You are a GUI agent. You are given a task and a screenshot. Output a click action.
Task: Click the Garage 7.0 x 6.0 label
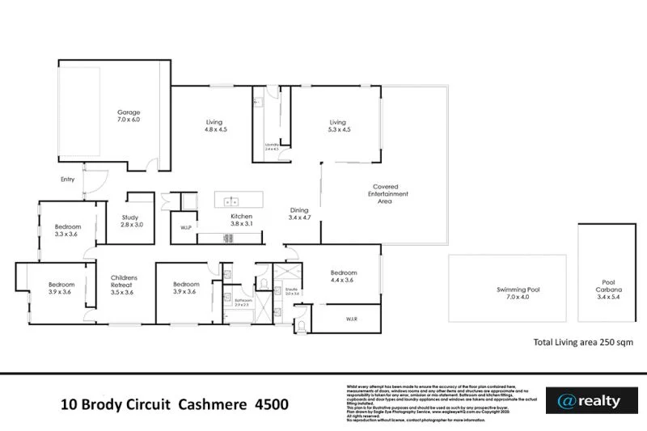pos(129,116)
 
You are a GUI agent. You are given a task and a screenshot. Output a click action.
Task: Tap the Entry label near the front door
pos(69,180)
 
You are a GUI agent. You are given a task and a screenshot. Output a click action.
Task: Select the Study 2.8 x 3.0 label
pos(131,221)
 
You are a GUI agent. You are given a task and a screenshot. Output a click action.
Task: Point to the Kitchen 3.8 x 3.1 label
pos(242,221)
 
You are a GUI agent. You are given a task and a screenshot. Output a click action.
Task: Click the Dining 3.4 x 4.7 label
pos(300,214)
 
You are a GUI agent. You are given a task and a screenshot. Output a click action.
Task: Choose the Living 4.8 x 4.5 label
pos(214,126)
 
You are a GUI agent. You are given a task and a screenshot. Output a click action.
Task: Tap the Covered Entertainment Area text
pos(388,194)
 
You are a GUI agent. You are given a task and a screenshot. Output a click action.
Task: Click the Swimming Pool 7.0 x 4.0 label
pos(518,293)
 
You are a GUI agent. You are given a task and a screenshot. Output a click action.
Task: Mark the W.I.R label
pos(351,319)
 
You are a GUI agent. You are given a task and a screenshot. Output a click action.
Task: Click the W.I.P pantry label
pos(185,228)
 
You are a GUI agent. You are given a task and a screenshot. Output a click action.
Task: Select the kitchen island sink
pos(230,201)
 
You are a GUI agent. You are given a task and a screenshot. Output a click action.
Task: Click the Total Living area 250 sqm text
pos(582,343)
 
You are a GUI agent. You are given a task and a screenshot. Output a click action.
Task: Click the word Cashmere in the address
pos(218,404)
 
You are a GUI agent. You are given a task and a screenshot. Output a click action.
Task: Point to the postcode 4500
pos(271,404)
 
